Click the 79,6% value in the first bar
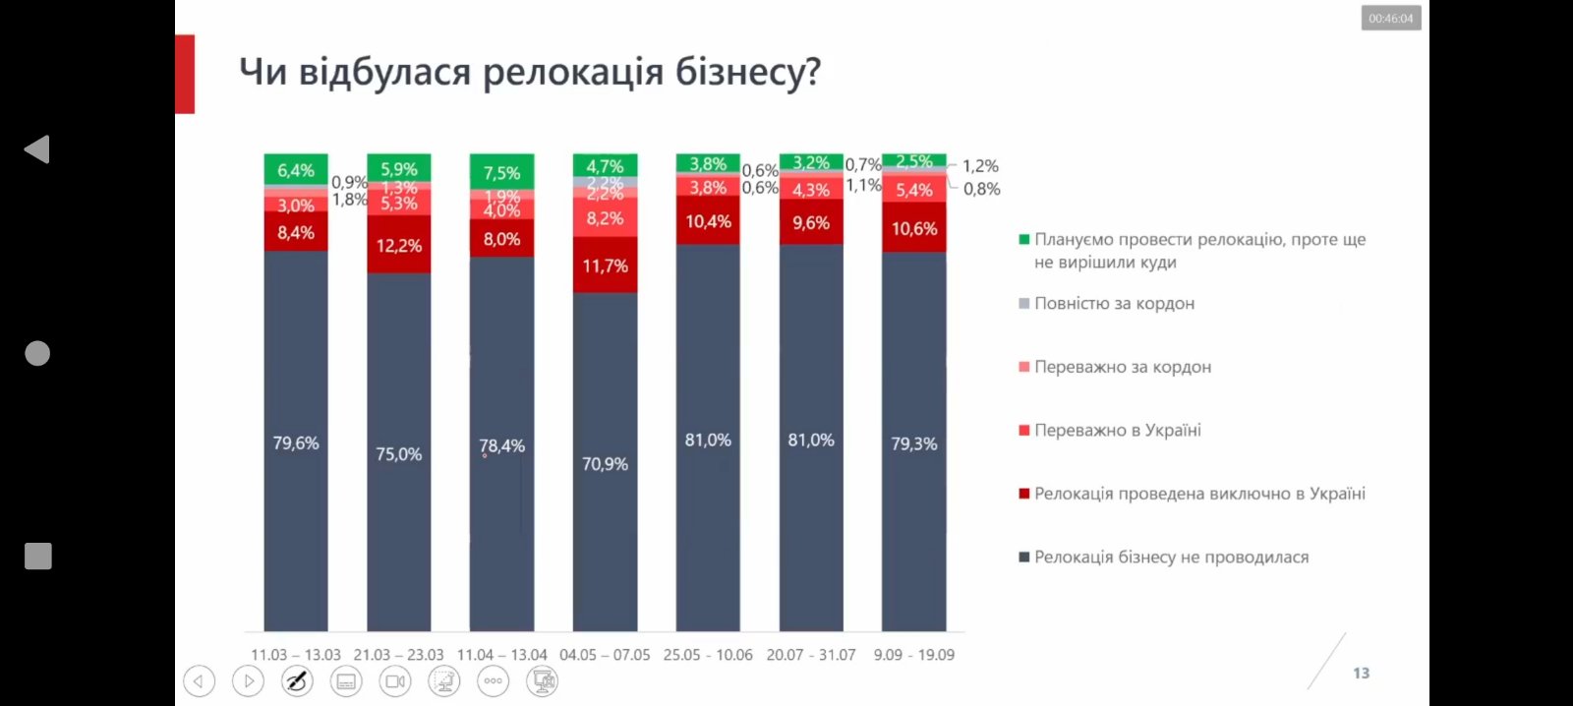pos(296,443)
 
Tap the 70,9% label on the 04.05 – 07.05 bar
pos(605,464)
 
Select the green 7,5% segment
pos(501,173)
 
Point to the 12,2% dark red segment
pos(398,246)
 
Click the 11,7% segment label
pos(605,266)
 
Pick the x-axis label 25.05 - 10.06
pos(708,655)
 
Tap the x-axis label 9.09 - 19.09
pos(913,655)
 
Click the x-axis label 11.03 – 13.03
pos(296,655)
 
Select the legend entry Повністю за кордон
pos(1114,304)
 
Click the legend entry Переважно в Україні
pos(1117,431)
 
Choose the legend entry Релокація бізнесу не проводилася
pos(1171,558)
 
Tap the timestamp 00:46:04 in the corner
pos(1390,19)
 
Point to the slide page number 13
pos(1361,674)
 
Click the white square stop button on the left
pos(37,557)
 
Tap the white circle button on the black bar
pos(37,353)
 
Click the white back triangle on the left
pos(37,149)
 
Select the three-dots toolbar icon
pos(493,680)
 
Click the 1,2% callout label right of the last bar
pos(980,166)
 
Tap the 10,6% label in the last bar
pos(913,229)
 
